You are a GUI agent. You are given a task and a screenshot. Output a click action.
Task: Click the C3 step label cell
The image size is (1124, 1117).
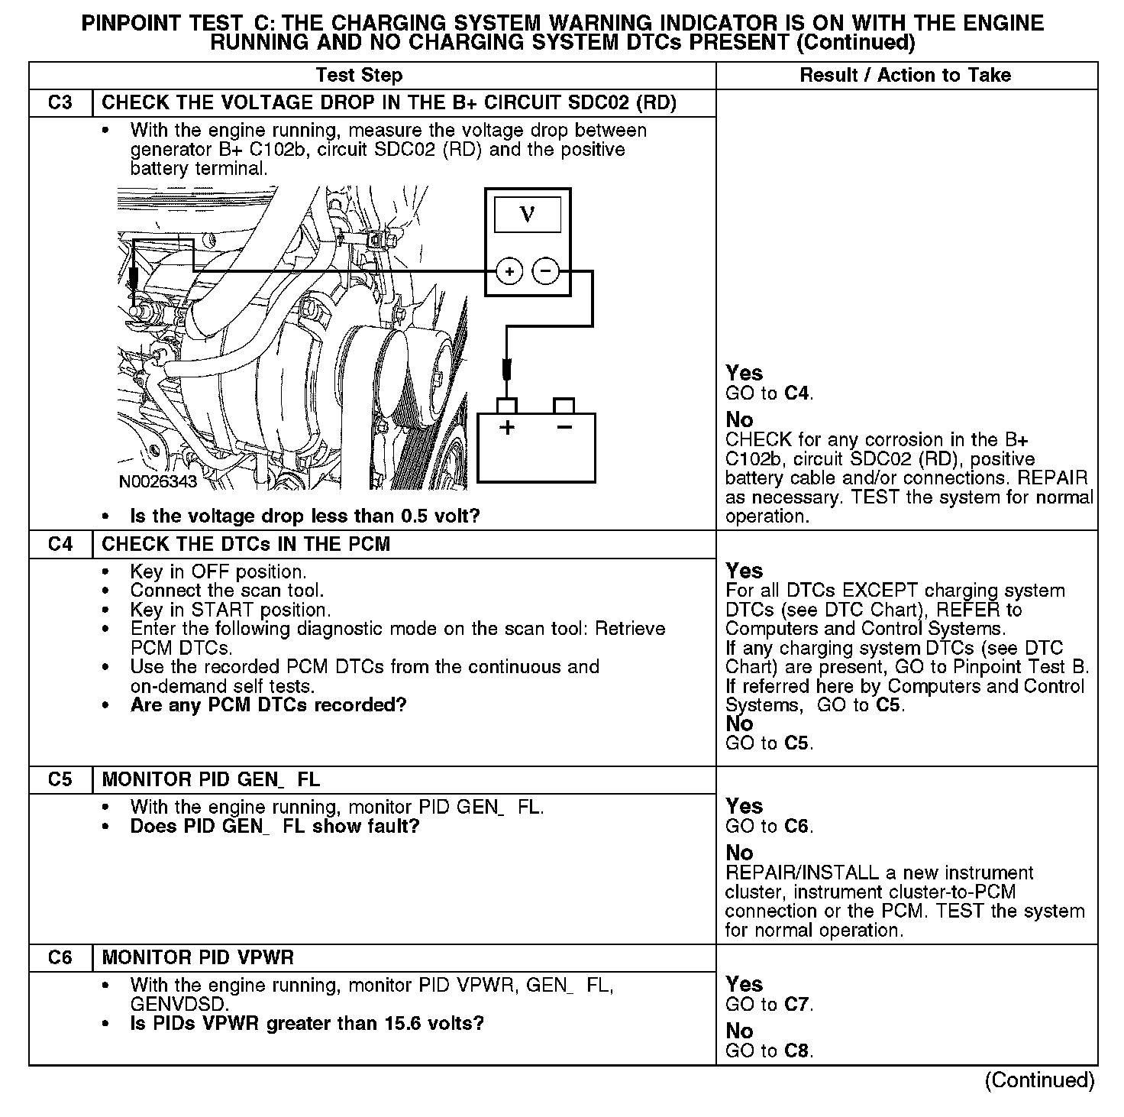(60, 103)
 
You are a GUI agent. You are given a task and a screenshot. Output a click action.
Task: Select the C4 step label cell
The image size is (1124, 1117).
(60, 544)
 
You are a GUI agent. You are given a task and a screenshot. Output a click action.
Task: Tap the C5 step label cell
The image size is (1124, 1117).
(60, 779)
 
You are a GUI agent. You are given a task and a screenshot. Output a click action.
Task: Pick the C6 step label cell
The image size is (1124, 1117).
(60, 957)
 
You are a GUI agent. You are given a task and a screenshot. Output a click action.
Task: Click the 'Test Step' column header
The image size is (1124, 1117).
(359, 75)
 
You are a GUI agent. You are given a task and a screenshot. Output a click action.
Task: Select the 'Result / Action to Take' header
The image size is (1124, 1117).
(906, 75)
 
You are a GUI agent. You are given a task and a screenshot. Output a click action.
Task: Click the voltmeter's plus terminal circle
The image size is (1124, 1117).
(510, 271)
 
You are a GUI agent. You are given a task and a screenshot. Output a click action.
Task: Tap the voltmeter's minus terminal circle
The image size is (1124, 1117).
(545, 271)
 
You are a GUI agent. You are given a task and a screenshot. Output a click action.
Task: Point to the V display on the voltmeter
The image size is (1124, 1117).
(528, 215)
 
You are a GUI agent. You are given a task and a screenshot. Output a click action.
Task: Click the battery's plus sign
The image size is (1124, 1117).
(506, 427)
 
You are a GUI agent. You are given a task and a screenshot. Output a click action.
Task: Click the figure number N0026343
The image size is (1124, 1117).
(158, 481)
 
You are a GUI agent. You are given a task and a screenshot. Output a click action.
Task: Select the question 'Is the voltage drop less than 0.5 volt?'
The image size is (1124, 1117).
(305, 516)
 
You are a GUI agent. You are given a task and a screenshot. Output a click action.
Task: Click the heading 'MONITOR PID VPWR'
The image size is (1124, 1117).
(198, 957)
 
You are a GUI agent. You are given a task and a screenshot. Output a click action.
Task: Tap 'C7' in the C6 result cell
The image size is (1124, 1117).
(797, 1004)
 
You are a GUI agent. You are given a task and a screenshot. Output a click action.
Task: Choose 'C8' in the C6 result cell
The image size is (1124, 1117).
(797, 1051)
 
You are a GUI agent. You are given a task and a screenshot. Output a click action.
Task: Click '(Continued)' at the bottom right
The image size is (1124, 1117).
(1039, 1080)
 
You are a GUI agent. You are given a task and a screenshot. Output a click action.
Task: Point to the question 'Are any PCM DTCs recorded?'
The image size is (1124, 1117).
(268, 704)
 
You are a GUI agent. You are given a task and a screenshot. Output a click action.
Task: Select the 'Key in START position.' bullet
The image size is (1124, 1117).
(231, 610)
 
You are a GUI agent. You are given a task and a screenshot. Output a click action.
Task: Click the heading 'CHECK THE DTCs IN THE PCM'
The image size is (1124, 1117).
(246, 544)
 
